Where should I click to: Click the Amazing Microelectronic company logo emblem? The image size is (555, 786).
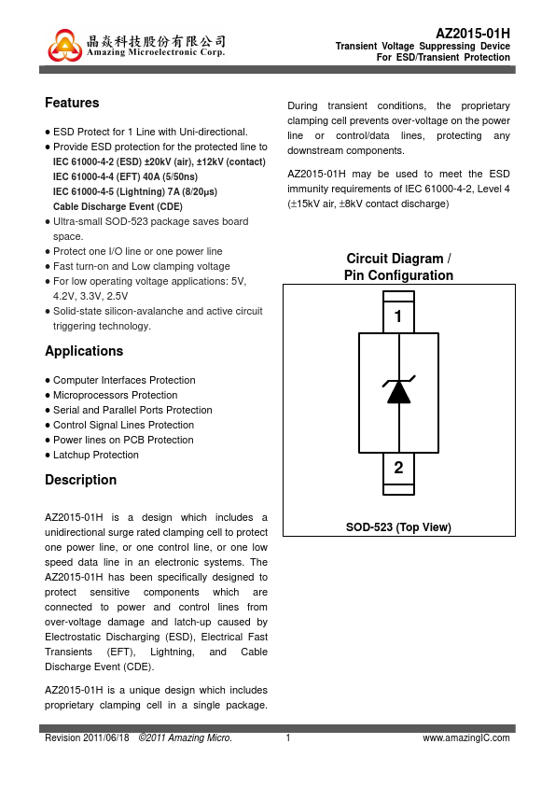pyautogui.click(x=64, y=45)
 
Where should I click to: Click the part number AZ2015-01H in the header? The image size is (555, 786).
pyautogui.click(x=473, y=34)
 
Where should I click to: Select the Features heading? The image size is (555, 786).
pyautogui.click(x=72, y=103)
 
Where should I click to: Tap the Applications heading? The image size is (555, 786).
pyautogui.click(x=84, y=351)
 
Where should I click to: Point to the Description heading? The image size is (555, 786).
pyautogui.click(x=80, y=480)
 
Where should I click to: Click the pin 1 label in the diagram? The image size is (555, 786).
pyautogui.click(x=398, y=316)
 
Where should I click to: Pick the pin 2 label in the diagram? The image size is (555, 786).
pyautogui.click(x=398, y=467)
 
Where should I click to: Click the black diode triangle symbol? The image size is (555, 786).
pyautogui.click(x=398, y=392)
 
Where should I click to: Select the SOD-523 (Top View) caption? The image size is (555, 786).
pyautogui.click(x=398, y=527)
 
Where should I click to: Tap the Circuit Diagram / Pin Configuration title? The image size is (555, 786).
pyautogui.click(x=398, y=267)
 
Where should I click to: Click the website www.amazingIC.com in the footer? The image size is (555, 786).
pyautogui.click(x=466, y=737)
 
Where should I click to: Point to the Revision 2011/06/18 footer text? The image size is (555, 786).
pyautogui.click(x=87, y=737)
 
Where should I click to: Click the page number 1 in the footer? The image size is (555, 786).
pyautogui.click(x=288, y=737)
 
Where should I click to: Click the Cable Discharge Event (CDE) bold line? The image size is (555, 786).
pyautogui.click(x=118, y=206)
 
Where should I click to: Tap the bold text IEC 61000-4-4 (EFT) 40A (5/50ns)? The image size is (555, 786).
pyautogui.click(x=125, y=176)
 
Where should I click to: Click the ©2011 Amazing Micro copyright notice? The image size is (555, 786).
pyautogui.click(x=186, y=737)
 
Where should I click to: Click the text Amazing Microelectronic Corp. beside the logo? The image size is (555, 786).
pyautogui.click(x=156, y=52)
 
